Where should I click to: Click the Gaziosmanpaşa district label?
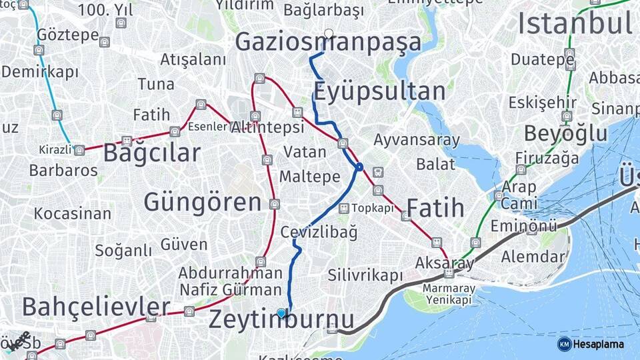pyautogui.click(x=328, y=43)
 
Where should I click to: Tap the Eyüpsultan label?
pyautogui.click(x=379, y=91)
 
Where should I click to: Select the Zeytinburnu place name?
pyautogui.click(x=281, y=320)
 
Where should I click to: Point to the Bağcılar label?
pyautogui.click(x=151, y=153)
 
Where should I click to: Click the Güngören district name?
pyautogui.click(x=203, y=202)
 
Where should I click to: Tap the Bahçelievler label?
pyautogui.click(x=96, y=307)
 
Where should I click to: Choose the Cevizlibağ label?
pyautogui.click(x=319, y=232)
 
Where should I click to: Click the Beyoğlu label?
pyautogui.click(x=565, y=133)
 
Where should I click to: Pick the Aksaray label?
pyautogui.click(x=444, y=262)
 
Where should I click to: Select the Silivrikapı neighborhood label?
pyautogui.click(x=365, y=275)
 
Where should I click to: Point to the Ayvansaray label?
pyautogui.click(x=417, y=141)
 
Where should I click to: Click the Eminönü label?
pyautogui.click(x=523, y=226)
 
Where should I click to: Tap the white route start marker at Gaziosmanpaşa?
pyautogui.click(x=329, y=33)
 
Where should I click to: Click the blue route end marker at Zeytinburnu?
pyautogui.click(x=281, y=313)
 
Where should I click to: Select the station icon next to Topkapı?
pyautogui.click(x=343, y=209)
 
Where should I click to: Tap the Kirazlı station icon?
pyautogui.click(x=79, y=150)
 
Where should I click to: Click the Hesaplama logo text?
pyautogui.click(x=597, y=344)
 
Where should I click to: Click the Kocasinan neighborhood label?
pyautogui.click(x=73, y=214)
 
